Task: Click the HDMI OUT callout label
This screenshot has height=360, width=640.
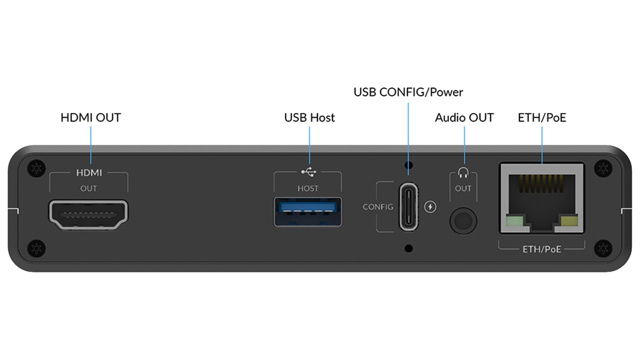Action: (90, 118)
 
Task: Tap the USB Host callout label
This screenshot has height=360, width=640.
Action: (309, 118)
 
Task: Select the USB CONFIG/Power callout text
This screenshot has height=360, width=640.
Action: (408, 92)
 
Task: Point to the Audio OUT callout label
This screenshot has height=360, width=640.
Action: (464, 118)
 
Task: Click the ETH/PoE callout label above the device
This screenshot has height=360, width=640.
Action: (542, 118)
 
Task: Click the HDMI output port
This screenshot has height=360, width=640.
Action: (88, 214)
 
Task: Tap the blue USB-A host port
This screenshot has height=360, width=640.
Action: (308, 212)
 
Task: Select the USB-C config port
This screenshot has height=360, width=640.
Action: (409, 206)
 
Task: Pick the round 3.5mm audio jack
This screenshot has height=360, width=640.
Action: (462, 220)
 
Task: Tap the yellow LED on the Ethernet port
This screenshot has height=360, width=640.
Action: (569, 221)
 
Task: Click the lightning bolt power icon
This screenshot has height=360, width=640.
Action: (430, 206)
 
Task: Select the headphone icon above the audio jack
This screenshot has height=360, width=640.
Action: (463, 173)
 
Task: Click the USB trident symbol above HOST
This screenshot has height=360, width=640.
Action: (308, 172)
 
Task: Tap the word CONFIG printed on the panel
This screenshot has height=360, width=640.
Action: (378, 207)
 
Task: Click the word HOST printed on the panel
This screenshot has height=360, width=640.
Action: (308, 188)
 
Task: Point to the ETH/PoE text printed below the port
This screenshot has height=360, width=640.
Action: (541, 248)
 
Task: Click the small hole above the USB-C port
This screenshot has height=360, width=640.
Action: (409, 165)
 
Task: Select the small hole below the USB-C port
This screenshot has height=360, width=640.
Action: (409, 247)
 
